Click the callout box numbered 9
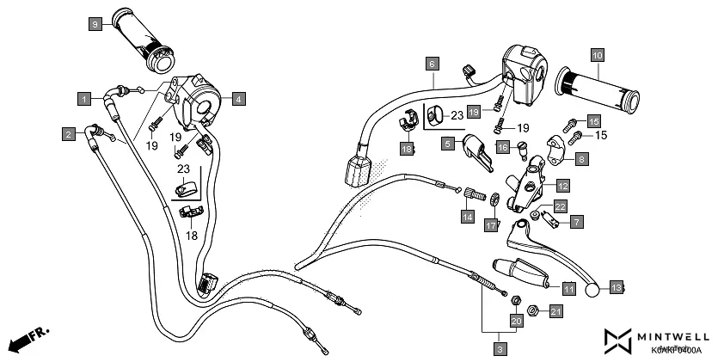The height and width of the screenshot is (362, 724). pyautogui.click(x=95, y=25)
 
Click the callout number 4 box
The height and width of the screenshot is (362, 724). pyautogui.click(x=238, y=99)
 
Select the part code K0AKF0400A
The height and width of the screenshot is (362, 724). pyautogui.click(x=676, y=351)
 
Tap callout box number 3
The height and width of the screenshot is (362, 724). pyautogui.click(x=499, y=348)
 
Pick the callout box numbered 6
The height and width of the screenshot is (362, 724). pyautogui.click(x=433, y=63)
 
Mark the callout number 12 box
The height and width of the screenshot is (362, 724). pyautogui.click(x=561, y=185)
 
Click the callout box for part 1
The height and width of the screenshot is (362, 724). pyautogui.click(x=83, y=99)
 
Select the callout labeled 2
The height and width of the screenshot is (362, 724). pyautogui.click(x=68, y=133)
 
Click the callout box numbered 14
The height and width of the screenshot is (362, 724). pyautogui.click(x=467, y=218)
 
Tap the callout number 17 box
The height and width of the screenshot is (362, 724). pyautogui.click(x=491, y=225)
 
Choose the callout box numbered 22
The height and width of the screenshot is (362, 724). pyautogui.click(x=559, y=206)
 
